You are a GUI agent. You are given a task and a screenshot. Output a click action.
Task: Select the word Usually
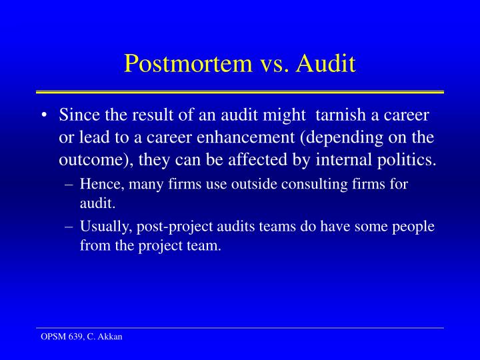point(103,226)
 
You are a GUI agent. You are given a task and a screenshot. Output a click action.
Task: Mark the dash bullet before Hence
point(71,184)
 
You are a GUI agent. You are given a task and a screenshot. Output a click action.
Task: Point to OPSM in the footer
point(49,337)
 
